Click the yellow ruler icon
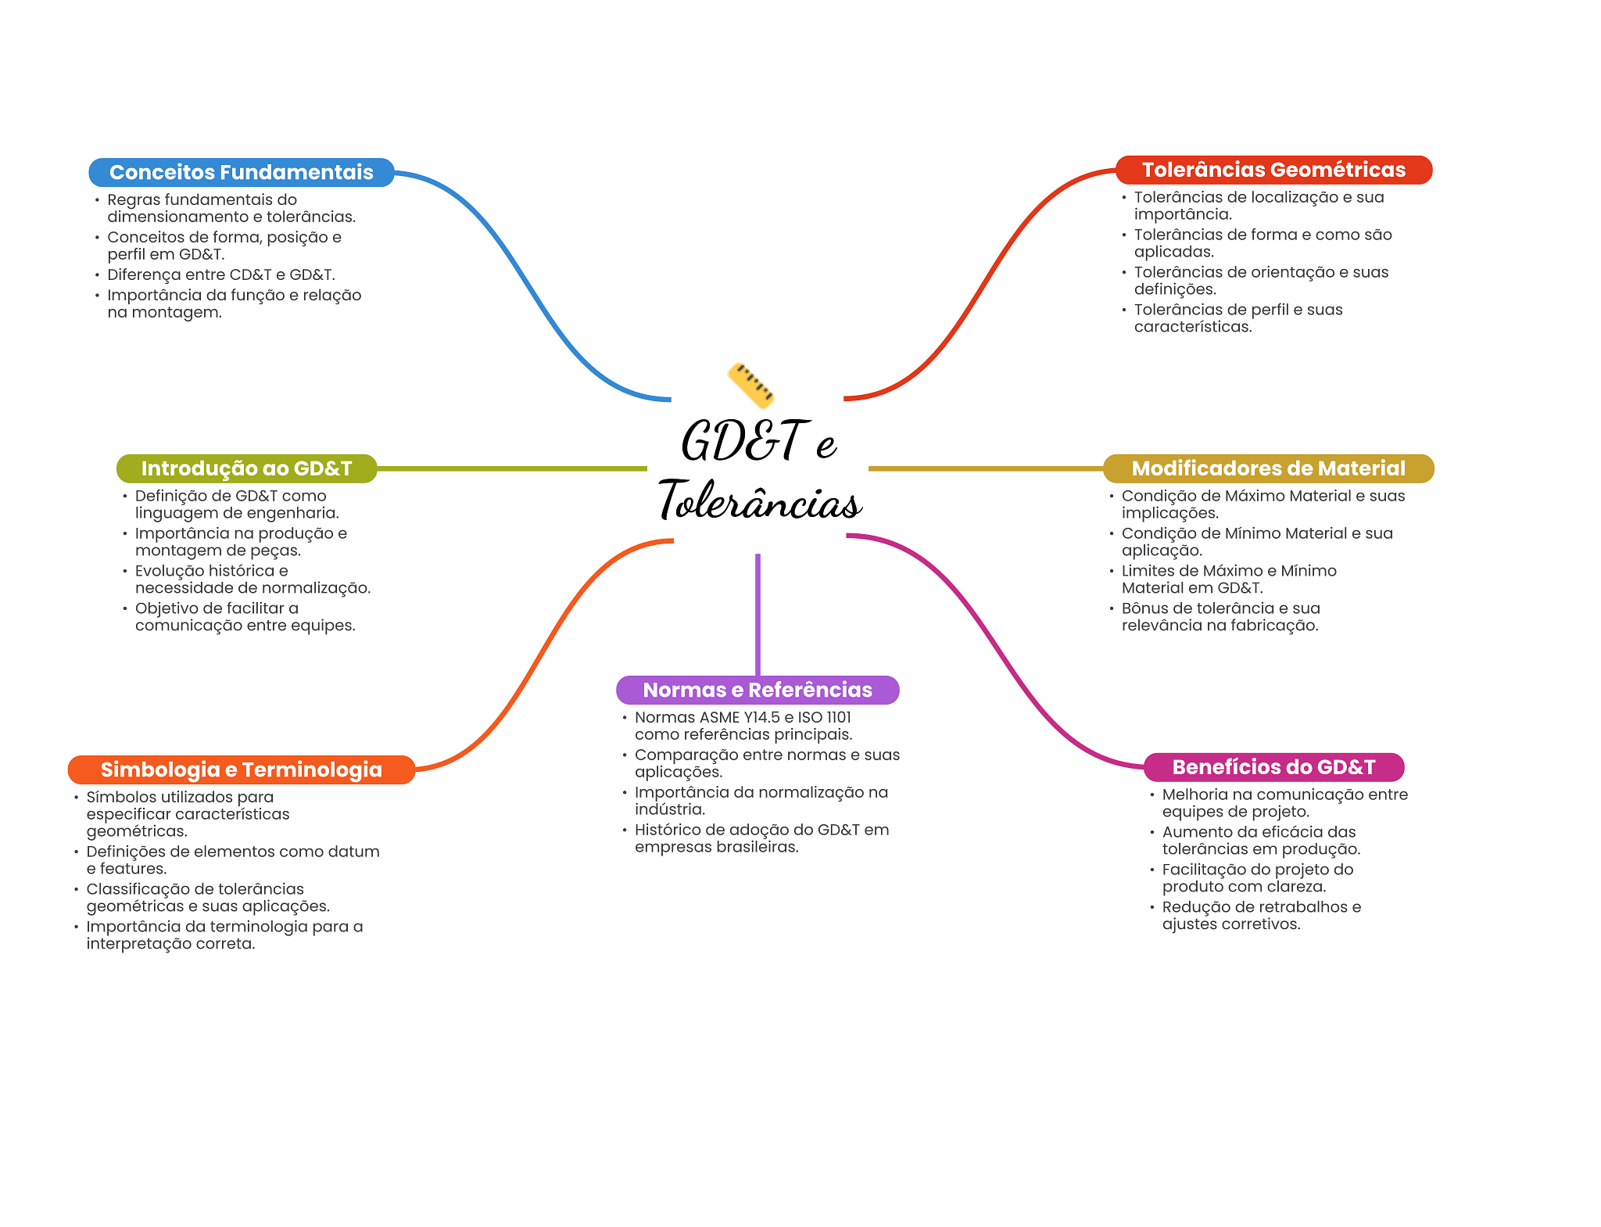pyautogui.click(x=750, y=385)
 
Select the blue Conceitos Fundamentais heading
pyautogui.click(x=241, y=172)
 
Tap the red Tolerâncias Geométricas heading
pyautogui.click(x=1273, y=170)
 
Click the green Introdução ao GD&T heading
pyautogui.click(x=246, y=468)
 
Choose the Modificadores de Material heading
pyautogui.click(x=1268, y=468)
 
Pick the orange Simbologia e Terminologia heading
pyautogui.click(x=241, y=770)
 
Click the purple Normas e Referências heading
pyautogui.click(x=757, y=690)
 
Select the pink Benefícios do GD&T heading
pyautogui.click(x=1273, y=767)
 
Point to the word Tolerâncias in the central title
pyautogui.click(x=760, y=500)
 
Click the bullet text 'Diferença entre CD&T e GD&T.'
pyautogui.click(x=220, y=274)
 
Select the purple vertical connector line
pyautogui.click(x=758, y=614)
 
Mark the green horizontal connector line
pyautogui.click(x=512, y=468)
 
